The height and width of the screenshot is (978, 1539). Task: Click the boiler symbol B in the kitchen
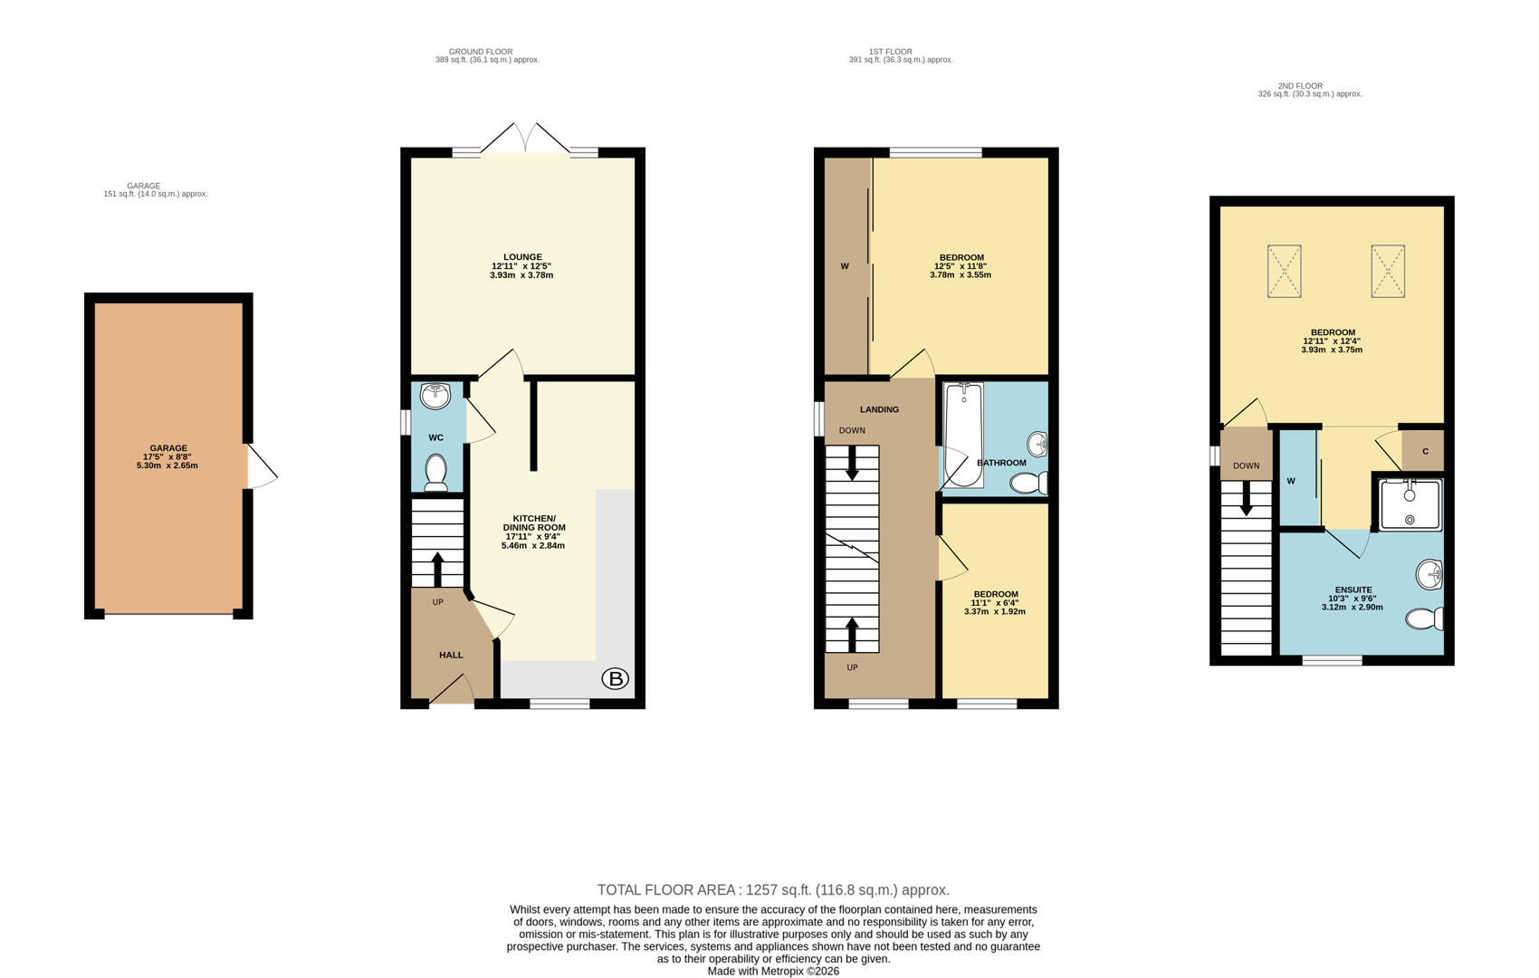click(x=615, y=678)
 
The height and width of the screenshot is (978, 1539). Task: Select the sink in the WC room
click(x=435, y=397)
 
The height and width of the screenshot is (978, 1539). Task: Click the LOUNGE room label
click(x=522, y=257)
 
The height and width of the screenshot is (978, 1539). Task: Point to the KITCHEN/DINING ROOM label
click(x=533, y=523)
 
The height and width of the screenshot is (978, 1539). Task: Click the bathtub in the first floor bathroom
click(x=963, y=435)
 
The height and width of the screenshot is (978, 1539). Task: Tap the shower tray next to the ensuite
click(x=1410, y=504)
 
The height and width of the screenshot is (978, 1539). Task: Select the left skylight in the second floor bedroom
click(x=1284, y=271)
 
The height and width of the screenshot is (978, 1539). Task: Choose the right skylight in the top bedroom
click(x=1387, y=271)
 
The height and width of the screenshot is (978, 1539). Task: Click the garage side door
click(x=262, y=466)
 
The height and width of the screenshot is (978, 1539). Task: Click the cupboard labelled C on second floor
click(x=1425, y=451)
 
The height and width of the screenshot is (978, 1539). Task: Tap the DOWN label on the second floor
click(x=1246, y=465)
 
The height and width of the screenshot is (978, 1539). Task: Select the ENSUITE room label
click(x=1353, y=590)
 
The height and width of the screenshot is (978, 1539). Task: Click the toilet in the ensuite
click(x=1425, y=618)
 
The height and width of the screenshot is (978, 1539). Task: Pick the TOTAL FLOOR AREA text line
click(x=773, y=890)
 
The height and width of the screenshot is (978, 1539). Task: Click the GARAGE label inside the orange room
click(x=168, y=448)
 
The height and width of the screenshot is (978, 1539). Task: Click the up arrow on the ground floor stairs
click(x=437, y=569)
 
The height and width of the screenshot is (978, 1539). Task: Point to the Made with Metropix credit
click(x=773, y=971)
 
